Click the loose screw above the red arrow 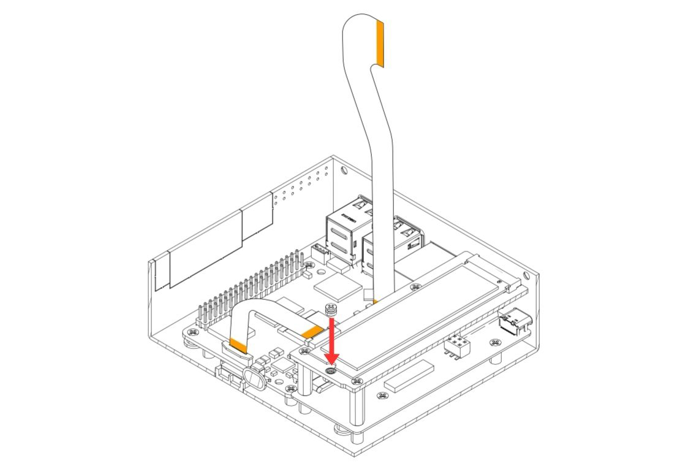331,310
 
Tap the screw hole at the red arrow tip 331,370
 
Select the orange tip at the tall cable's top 380,43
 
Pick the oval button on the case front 254,379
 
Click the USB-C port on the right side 510,321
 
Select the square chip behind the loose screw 336,286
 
